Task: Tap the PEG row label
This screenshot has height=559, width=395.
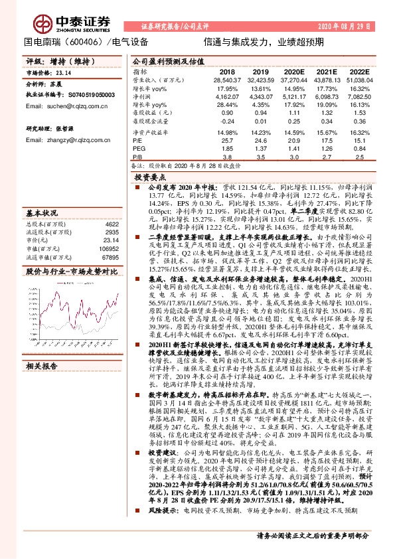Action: [x=139, y=149]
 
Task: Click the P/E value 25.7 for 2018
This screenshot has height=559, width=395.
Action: [x=227, y=141]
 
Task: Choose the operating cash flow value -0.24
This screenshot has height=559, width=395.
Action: [x=227, y=123]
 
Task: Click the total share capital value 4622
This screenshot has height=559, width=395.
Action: [x=112, y=225]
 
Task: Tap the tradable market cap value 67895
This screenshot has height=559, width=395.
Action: [x=110, y=257]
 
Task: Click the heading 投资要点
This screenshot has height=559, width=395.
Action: [x=149, y=178]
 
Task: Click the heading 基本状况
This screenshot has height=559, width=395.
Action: [x=42, y=213]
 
